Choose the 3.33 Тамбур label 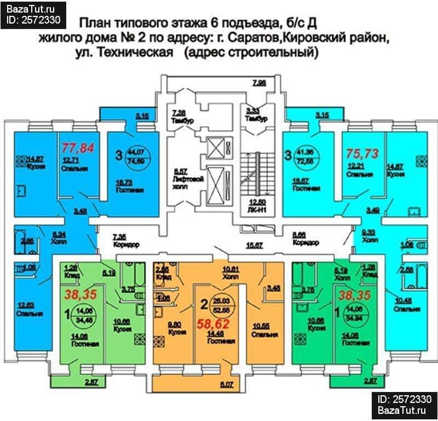click(256, 114)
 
